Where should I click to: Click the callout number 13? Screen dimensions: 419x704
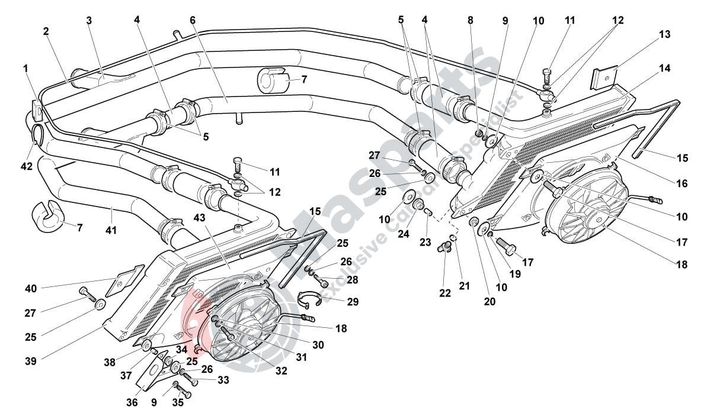pos(664,34)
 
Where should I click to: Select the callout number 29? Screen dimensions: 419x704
pos(353,301)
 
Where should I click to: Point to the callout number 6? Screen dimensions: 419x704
pos(193,20)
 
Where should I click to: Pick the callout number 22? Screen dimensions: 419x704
pos(444,292)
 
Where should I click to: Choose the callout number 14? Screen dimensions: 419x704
pos(664,68)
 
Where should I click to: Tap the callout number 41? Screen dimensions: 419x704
pos(111,229)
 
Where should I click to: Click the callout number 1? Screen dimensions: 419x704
pos(25,68)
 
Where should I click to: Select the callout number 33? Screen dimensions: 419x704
pos(223,380)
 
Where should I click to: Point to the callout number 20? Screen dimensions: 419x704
pos(489,301)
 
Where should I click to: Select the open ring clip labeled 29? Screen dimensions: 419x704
pos(311,299)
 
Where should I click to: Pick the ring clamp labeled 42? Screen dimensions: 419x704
pos(37,134)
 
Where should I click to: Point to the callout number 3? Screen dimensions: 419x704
pos(89,20)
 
